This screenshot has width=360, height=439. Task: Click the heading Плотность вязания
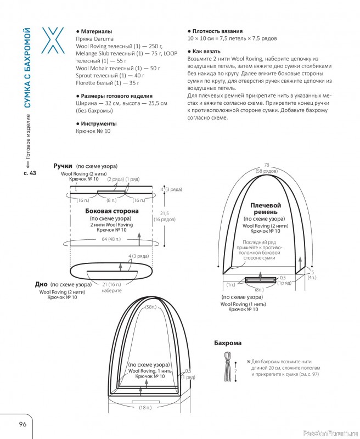217,31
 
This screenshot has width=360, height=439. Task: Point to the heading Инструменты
98,123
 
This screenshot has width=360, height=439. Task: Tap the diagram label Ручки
63,166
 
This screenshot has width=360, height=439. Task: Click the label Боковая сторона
112,211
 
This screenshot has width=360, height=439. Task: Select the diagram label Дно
41,285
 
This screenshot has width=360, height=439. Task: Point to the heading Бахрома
227,343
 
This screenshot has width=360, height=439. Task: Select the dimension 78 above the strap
267,165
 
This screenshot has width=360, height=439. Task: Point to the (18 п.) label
146,408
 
